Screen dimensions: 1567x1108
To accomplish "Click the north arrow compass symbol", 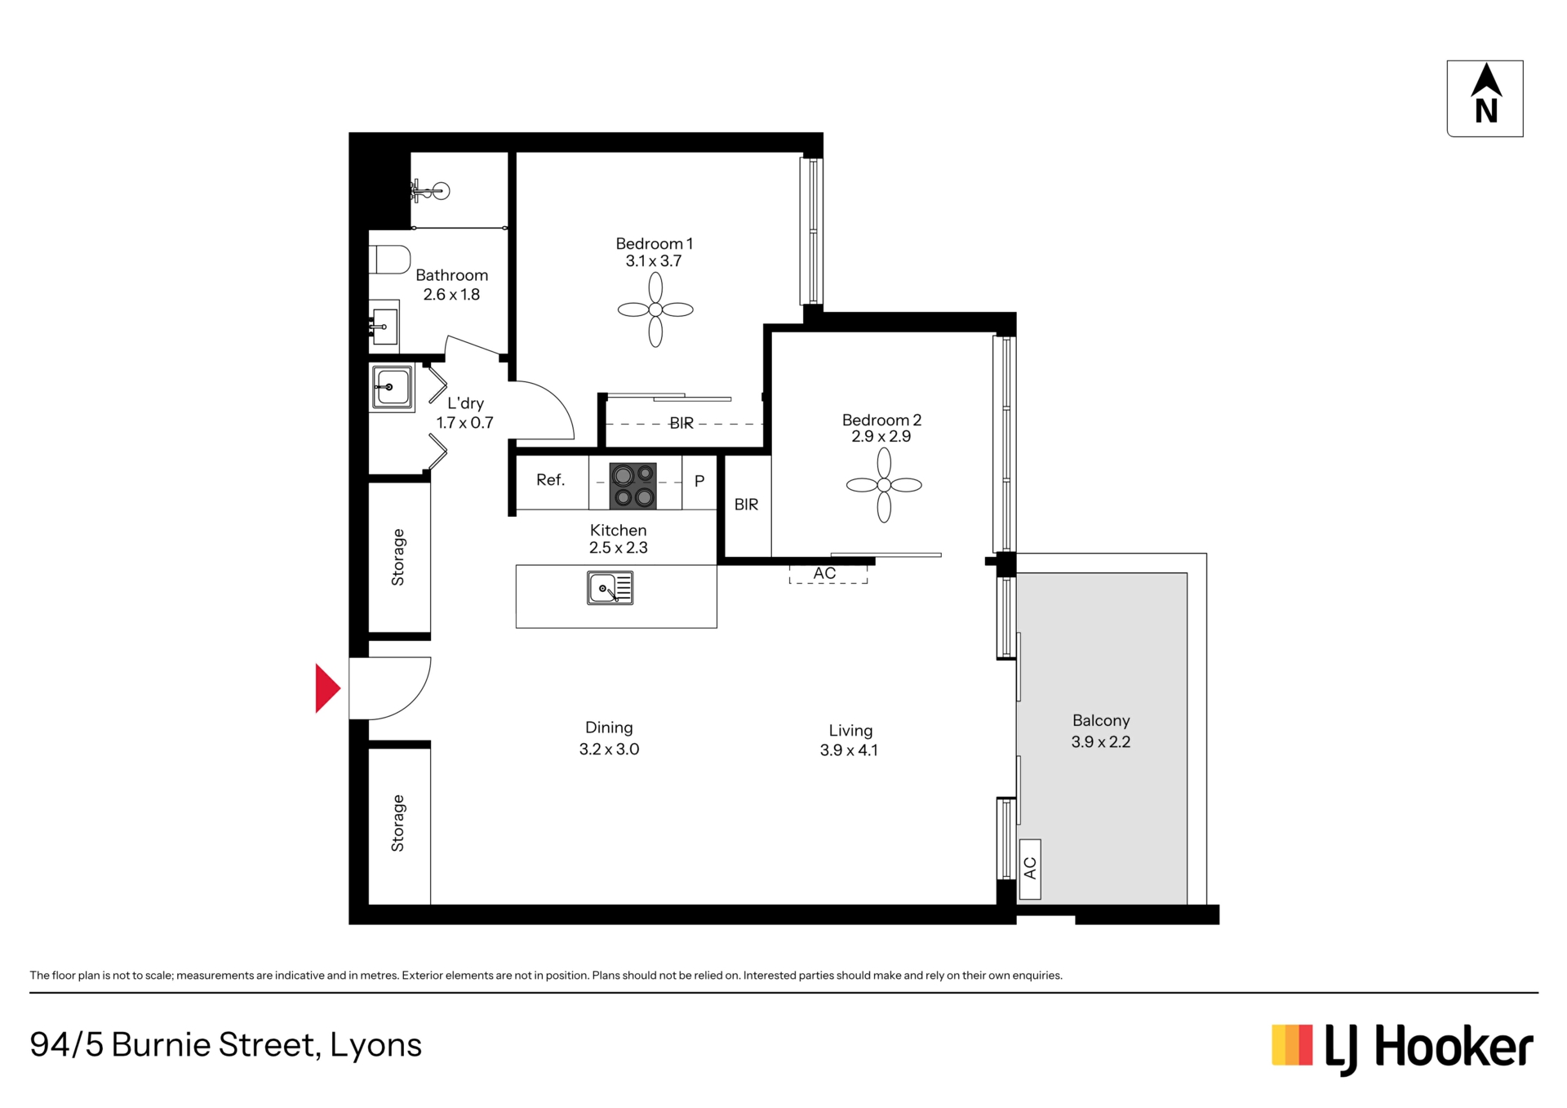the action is tap(1485, 98).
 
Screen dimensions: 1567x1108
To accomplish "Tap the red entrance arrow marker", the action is tap(327, 688).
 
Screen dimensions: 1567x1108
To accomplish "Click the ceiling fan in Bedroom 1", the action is tap(655, 309).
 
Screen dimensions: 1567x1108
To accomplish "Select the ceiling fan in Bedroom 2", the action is tap(884, 485).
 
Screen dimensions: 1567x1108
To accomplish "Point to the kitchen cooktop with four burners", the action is tap(633, 485).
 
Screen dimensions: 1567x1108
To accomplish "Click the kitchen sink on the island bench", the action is tap(610, 588).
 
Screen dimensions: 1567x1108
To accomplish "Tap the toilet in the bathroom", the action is tap(389, 260).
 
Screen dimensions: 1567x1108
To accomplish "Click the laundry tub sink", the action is tap(392, 387).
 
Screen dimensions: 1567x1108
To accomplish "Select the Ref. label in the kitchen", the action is tap(550, 480).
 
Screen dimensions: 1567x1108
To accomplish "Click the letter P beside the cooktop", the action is tap(699, 481).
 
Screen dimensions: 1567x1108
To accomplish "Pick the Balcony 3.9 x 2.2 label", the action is tap(1101, 731).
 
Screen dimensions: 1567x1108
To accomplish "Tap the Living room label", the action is tap(850, 741).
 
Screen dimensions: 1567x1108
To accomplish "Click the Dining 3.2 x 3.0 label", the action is tap(609, 738).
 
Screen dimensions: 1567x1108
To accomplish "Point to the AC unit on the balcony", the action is tap(1030, 869).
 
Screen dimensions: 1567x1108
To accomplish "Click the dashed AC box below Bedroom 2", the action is tap(828, 574).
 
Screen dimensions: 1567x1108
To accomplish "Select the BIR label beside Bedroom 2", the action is tap(746, 505).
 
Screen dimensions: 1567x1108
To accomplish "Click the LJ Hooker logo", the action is tap(1403, 1048).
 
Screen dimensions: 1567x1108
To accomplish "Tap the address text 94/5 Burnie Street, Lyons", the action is tap(226, 1045).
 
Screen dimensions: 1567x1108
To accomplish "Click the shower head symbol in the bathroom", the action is tap(430, 192).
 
